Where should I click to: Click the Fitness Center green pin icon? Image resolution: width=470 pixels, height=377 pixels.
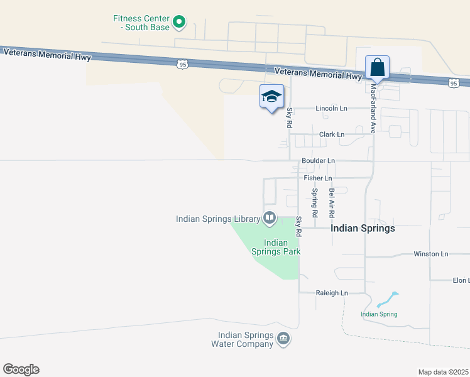(179, 23)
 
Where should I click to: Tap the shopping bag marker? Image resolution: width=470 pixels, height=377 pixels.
(377, 67)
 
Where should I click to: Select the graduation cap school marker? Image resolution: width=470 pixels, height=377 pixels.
(271, 97)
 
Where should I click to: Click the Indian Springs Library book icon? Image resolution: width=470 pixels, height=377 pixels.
(270, 218)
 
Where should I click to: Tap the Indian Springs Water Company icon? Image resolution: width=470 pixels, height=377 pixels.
(283, 339)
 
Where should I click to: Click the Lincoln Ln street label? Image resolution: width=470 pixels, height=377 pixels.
(331, 108)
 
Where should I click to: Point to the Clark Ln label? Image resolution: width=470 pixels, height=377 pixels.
(332, 134)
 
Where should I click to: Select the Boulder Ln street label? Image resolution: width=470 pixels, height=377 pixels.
(318, 161)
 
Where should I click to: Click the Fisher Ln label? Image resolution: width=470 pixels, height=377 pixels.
(317, 178)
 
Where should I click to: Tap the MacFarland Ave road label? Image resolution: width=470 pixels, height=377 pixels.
(373, 109)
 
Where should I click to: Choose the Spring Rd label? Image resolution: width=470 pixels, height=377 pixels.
(314, 199)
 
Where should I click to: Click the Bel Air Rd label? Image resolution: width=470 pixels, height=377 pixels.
(331, 202)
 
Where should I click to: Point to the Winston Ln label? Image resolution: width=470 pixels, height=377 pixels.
(430, 254)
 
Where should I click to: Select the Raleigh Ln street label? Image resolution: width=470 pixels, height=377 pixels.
(332, 293)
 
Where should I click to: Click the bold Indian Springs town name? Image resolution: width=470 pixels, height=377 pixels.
(363, 228)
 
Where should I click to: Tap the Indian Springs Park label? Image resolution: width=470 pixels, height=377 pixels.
(276, 247)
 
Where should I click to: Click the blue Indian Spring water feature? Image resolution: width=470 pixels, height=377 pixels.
(386, 299)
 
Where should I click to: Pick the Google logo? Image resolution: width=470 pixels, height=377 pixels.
(21, 369)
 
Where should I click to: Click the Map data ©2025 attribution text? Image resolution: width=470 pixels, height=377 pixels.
(443, 372)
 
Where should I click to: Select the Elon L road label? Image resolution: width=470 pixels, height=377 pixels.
(461, 280)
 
